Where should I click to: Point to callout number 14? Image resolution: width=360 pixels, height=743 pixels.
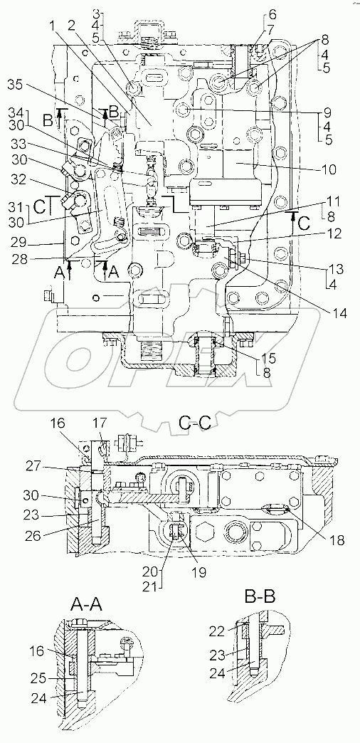[x=339, y=313]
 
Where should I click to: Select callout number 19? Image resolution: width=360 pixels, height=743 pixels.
[x=198, y=572]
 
